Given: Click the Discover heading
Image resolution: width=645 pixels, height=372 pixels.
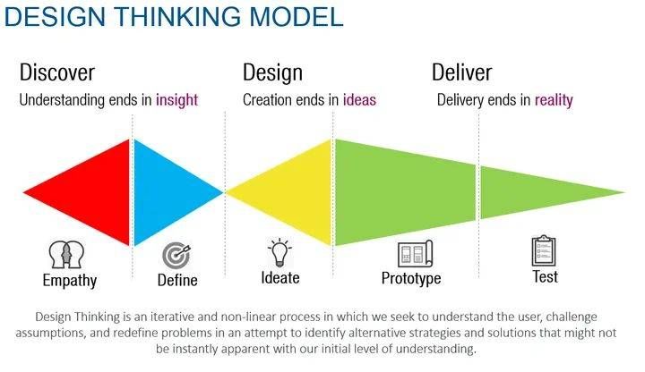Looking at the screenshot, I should (56, 72).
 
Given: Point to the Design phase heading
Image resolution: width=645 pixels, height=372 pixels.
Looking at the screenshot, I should (272, 72).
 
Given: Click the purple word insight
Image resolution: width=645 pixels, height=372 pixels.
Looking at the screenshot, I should (176, 100).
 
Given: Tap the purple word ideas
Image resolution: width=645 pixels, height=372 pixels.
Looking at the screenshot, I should (359, 100).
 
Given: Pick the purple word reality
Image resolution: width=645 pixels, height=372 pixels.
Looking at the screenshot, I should (554, 100).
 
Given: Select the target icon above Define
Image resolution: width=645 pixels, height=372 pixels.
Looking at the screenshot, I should (176, 256).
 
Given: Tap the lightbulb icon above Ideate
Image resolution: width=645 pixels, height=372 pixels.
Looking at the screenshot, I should (280, 252).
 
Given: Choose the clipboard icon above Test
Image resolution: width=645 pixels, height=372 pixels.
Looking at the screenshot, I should (544, 251).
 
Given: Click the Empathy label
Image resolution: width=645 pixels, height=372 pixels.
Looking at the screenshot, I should (70, 281).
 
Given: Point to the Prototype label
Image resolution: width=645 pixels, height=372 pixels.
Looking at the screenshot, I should (411, 279).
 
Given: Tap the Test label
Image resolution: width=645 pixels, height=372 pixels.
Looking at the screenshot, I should (545, 276).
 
